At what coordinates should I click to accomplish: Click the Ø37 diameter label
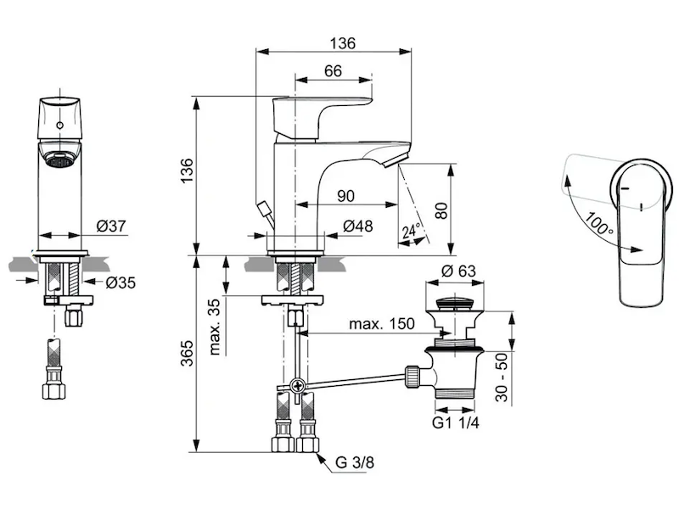pos(110,226)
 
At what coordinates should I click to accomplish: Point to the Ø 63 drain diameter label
pos(456,271)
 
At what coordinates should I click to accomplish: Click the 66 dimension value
pos(333,72)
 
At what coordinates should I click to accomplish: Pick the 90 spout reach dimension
pos(345,196)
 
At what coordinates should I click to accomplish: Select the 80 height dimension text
pos(441,210)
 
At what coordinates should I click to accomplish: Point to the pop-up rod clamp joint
pos(297,387)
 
